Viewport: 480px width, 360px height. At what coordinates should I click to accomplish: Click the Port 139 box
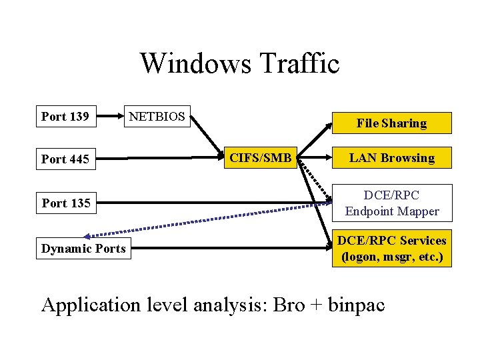click(x=65, y=117)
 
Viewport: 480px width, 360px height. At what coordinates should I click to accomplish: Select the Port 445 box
click(x=65, y=159)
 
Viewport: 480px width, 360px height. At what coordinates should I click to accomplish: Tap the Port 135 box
click(x=66, y=203)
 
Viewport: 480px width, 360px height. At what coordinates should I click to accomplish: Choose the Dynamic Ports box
click(x=83, y=249)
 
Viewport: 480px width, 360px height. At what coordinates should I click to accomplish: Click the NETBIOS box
click(x=157, y=117)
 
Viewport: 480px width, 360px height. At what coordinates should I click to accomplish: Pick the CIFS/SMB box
click(x=261, y=158)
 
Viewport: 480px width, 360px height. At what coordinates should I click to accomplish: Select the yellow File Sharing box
click(x=391, y=123)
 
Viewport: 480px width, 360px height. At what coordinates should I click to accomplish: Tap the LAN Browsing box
click(x=391, y=158)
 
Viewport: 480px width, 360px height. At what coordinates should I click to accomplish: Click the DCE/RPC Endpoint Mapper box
click(x=392, y=203)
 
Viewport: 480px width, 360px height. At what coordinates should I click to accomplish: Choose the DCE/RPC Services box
click(x=392, y=249)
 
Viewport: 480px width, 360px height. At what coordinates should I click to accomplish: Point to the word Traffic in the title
click(x=299, y=64)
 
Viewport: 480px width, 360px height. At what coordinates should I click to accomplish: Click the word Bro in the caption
click(x=289, y=305)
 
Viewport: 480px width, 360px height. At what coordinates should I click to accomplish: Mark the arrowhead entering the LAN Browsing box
click(x=330, y=159)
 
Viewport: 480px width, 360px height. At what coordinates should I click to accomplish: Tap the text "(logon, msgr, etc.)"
click(x=392, y=256)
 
